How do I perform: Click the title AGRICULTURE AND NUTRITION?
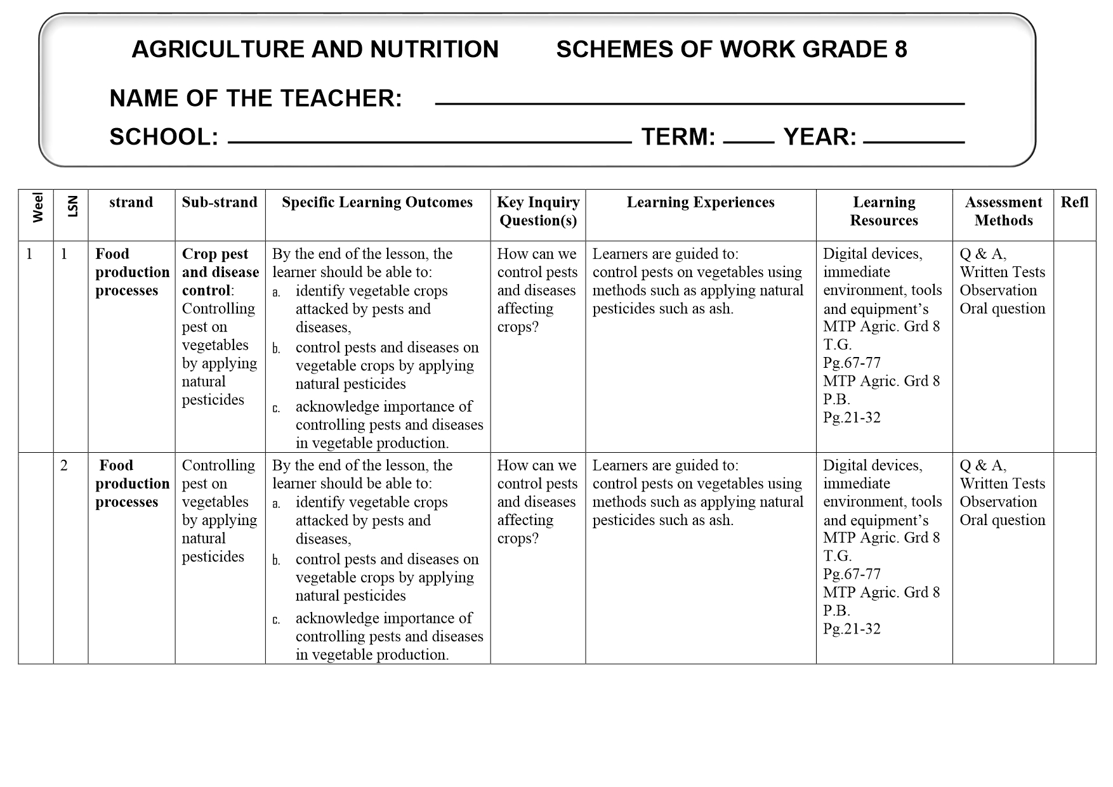(315, 49)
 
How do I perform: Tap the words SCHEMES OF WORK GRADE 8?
(731, 49)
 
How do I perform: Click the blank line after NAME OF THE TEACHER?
(699, 103)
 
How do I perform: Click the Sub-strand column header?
(220, 202)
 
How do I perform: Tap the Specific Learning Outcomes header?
(377, 202)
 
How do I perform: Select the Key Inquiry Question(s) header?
(538, 211)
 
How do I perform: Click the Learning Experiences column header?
(701, 202)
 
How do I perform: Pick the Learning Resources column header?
(884, 211)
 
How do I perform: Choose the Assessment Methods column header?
(1003, 211)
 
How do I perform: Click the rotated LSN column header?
(72, 206)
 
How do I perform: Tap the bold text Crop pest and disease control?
(220, 272)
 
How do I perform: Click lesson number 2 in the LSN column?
(64, 465)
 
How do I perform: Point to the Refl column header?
(1074, 202)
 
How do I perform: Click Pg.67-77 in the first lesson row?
(852, 363)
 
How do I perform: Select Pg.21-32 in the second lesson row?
(852, 628)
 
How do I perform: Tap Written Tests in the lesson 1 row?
(1002, 272)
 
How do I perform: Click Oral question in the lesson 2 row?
(1002, 520)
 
